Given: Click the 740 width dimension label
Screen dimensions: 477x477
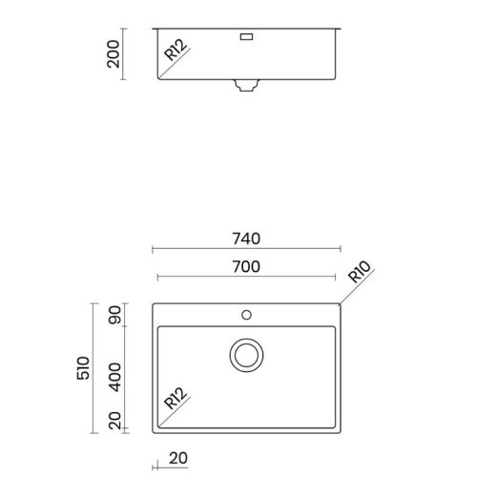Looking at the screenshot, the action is (x=246, y=238).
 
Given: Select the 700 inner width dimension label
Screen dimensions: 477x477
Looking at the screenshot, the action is (x=246, y=267).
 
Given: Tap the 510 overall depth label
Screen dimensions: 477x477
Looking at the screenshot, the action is (x=83, y=368).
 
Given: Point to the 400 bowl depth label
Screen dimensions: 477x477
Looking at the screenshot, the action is (x=114, y=377).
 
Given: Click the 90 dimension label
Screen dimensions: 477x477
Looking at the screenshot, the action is (x=114, y=315).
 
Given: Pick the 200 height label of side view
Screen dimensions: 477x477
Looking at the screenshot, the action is (x=114, y=54).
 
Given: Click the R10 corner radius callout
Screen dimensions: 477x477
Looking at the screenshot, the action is (x=360, y=272).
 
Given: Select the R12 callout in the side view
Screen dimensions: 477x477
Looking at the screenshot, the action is (x=176, y=50).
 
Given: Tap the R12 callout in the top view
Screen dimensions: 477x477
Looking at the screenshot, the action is (x=176, y=398).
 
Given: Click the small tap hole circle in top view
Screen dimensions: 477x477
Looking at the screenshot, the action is (x=246, y=315).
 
